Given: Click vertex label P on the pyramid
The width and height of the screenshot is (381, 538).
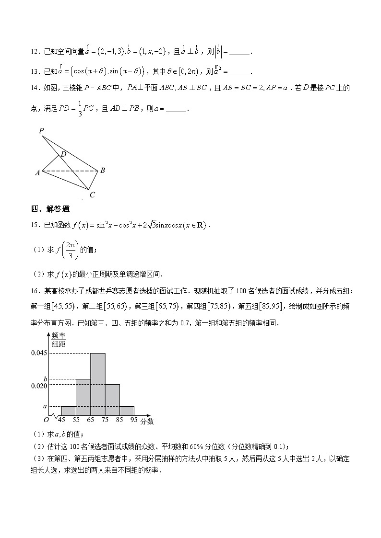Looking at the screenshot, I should point(42,130).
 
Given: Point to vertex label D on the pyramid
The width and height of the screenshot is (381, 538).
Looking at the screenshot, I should point(63,154).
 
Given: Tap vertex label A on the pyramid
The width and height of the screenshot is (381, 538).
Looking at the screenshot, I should point(37,173).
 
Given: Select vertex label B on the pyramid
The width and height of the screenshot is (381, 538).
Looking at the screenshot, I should point(102,170).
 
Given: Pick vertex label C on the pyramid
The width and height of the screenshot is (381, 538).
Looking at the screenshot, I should point(92,195).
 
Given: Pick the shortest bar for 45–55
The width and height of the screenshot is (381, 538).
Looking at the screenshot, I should point(69,411).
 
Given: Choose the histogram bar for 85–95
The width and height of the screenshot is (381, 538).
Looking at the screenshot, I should point(127,411).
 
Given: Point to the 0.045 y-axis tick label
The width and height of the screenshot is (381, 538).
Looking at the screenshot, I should point(39,353).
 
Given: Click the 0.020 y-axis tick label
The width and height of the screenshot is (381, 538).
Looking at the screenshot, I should point(39,385).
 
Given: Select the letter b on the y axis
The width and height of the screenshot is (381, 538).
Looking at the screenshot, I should point(45,378).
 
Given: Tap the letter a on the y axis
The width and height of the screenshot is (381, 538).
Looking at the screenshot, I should point(45,406).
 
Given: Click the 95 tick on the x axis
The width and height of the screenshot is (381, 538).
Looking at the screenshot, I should point(134,420).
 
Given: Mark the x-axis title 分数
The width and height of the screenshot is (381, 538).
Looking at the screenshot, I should point(147,421).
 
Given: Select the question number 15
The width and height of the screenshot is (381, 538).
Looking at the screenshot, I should point(34,225).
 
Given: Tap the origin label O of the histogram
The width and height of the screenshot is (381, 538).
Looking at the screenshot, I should point(47,420).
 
